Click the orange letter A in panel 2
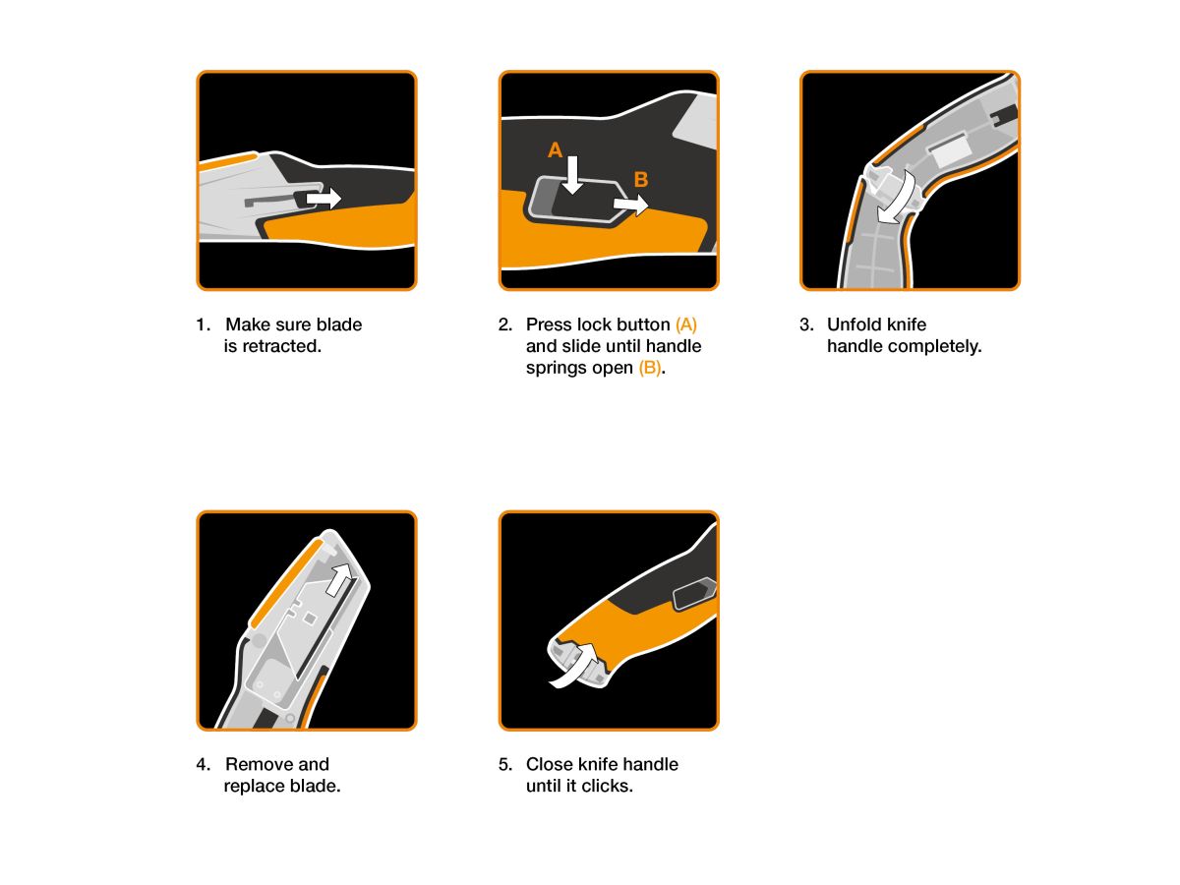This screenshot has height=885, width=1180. point(555,149)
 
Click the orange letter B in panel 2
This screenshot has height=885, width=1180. point(640,179)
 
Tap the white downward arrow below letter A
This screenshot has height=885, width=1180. point(572,175)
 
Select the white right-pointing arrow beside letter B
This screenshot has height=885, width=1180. point(631,205)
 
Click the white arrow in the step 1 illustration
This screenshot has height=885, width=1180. point(324,199)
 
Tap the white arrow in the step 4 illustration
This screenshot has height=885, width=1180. point(340,580)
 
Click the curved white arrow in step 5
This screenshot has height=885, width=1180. point(576,667)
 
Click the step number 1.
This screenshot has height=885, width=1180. point(203,324)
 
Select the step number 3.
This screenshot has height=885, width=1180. point(805,324)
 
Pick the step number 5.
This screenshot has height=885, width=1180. point(504,764)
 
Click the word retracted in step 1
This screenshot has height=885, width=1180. point(281,346)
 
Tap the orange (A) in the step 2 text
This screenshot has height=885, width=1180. point(686,324)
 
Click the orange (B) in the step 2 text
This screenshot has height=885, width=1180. point(649,368)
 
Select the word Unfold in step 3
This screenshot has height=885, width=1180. point(854,324)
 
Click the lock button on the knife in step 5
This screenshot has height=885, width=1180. point(694,593)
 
